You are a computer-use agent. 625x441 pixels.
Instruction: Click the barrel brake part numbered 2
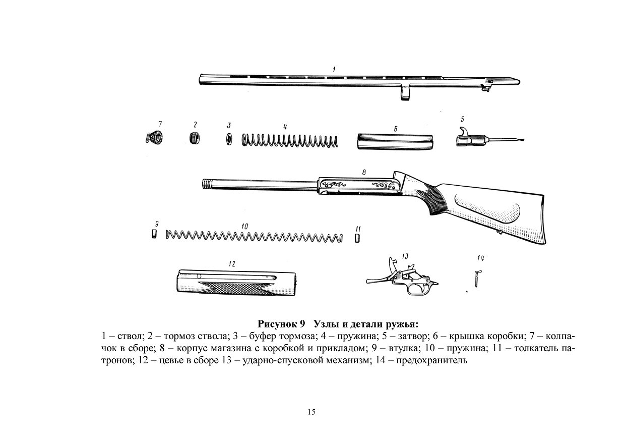tap(195, 138)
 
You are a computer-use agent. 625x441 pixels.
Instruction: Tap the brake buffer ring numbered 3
tap(229, 139)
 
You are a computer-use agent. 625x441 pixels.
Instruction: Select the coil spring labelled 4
tap(290, 140)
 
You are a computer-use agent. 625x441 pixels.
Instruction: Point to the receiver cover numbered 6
tap(395, 142)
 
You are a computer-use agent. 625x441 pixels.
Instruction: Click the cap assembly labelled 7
tap(155, 138)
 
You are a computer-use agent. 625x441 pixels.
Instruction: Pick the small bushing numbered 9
tap(154, 234)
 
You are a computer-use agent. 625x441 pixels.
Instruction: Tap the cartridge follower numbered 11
tap(357, 238)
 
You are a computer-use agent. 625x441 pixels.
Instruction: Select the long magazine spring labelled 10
tap(254, 236)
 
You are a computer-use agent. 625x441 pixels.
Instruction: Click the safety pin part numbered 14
tap(477, 278)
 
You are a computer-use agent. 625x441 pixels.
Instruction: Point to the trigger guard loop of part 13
tap(418, 293)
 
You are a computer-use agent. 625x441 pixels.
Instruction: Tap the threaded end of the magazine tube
tap(208, 184)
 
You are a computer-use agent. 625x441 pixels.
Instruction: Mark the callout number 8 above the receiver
tap(364, 173)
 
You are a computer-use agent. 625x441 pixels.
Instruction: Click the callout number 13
tap(405, 256)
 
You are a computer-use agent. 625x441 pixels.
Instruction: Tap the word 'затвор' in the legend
tap(412, 336)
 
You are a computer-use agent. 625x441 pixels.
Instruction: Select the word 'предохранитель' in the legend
tap(431, 360)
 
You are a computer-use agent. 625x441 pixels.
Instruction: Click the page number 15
tap(311, 412)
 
